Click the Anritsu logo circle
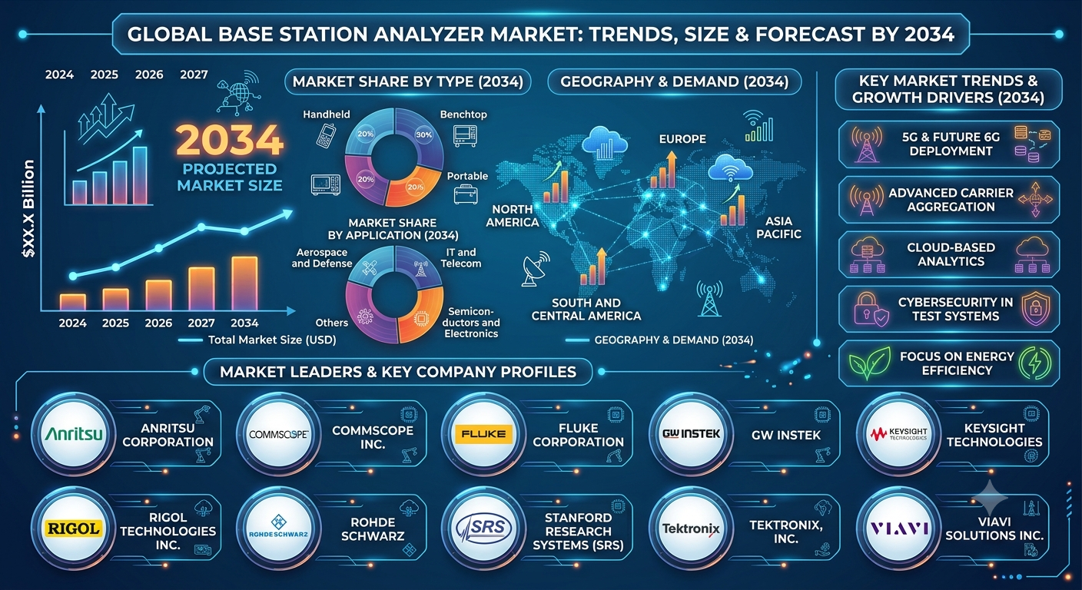(x=74, y=434)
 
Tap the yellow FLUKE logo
(x=483, y=434)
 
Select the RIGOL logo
(x=74, y=529)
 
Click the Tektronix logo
(x=691, y=529)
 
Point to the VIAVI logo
(x=899, y=529)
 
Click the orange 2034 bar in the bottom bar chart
(x=244, y=283)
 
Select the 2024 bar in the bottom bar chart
(x=73, y=302)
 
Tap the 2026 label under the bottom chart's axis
(x=158, y=323)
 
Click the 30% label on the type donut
(x=423, y=134)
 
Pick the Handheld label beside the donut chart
(x=327, y=114)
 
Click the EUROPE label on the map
(x=682, y=139)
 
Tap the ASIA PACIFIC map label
(x=778, y=227)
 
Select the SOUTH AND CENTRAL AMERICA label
(x=586, y=310)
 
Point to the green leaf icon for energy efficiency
(x=869, y=363)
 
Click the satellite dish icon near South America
(x=535, y=268)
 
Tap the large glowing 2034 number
(x=230, y=140)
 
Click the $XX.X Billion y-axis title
(x=28, y=209)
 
